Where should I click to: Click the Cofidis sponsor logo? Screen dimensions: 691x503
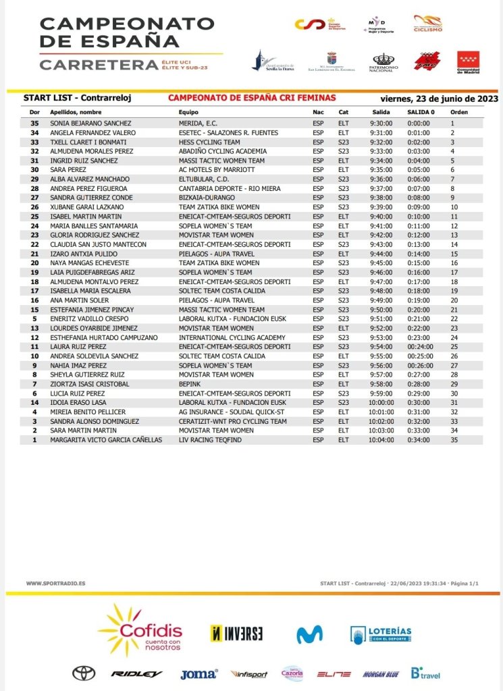coord(141,630)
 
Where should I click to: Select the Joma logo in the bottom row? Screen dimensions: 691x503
coord(198,673)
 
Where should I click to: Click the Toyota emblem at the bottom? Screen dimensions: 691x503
coord(84,673)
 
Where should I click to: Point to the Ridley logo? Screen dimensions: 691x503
coord(136,673)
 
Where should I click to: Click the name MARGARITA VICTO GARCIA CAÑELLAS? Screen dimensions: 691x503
coord(106,440)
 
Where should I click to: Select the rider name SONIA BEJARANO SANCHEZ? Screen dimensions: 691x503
coord(90,123)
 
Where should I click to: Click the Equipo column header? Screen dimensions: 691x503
coord(188,112)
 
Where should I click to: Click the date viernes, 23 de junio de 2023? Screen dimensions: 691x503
coord(439,99)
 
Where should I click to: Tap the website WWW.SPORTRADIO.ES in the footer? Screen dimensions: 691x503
coord(55,583)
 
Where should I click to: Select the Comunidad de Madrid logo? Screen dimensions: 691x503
coord(468,62)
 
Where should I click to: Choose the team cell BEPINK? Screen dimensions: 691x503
coord(190,384)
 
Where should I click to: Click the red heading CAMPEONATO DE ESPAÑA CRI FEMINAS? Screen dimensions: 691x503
coord(252,98)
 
